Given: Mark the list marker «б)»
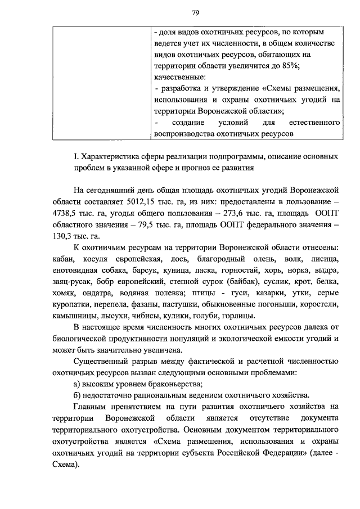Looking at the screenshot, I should click(x=78, y=395).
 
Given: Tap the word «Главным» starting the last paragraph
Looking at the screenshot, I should click(x=92, y=406).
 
